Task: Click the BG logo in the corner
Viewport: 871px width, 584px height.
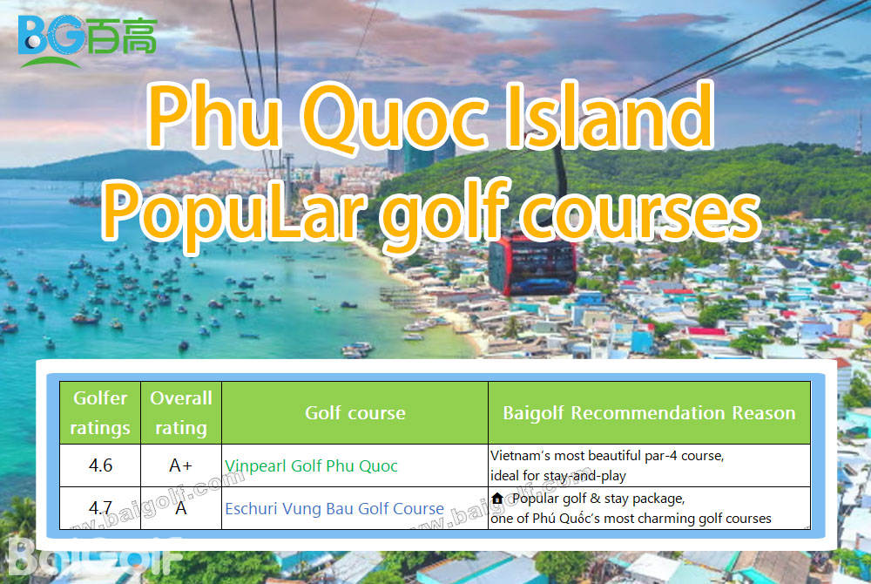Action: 87,40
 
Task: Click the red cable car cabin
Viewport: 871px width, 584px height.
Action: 532,264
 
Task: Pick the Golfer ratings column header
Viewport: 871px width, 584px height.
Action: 100,413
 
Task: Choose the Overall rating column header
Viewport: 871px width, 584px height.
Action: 181,413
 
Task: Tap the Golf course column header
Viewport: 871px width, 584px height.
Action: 355,413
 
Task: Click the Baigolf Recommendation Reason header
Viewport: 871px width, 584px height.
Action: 650,413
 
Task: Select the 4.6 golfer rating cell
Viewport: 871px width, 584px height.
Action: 100,465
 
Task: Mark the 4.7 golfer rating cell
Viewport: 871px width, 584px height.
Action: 100,508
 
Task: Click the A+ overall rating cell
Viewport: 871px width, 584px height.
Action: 180,465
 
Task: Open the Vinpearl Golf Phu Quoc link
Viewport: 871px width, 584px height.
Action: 311,465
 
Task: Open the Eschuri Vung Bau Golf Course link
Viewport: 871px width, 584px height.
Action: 334,508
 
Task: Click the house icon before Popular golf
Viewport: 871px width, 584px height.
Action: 497,498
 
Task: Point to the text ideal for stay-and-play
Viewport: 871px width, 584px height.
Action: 558,476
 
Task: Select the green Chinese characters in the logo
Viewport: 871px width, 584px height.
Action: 122,36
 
